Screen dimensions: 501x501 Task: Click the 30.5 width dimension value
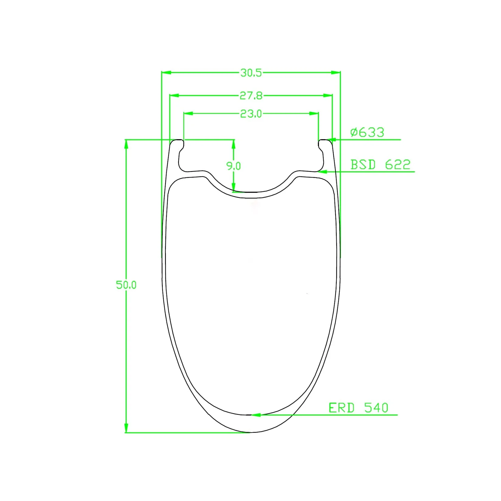pyautogui.click(x=251, y=73)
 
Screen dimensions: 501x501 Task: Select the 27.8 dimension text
pyautogui.click(x=251, y=96)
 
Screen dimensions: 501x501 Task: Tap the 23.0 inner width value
pyautogui.click(x=251, y=114)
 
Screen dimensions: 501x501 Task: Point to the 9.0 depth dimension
pyautogui.click(x=233, y=166)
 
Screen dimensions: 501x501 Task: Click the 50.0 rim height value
pyautogui.click(x=126, y=285)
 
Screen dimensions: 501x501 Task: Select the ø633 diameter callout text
pyautogui.click(x=367, y=132)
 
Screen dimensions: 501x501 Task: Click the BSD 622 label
pyautogui.click(x=380, y=165)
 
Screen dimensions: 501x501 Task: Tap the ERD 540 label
pyautogui.click(x=359, y=408)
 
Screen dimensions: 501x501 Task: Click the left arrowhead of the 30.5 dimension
pyautogui.click(x=166, y=73)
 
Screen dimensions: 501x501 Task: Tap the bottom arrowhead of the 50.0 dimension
pyautogui.click(x=126, y=428)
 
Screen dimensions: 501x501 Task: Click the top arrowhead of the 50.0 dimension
pyautogui.click(x=126, y=144)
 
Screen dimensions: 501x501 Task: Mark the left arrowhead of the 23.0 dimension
pyautogui.click(x=188, y=114)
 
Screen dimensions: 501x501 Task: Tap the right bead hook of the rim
pyautogui.click(x=321, y=146)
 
